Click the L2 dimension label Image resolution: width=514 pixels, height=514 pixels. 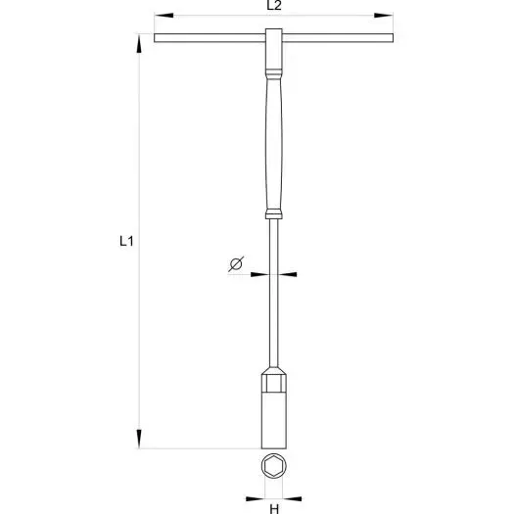click(274, 5)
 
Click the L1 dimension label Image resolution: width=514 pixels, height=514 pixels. click(126, 241)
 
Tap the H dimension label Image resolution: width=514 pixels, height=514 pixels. click(274, 509)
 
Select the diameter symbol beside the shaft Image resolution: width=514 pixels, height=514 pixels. click(236, 264)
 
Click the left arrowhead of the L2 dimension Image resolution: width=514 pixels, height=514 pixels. click(164, 15)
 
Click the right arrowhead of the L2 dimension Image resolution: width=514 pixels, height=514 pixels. click(384, 15)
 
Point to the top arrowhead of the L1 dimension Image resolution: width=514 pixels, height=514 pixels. click(139, 43)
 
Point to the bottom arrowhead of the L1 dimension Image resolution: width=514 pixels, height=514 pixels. click(139, 439)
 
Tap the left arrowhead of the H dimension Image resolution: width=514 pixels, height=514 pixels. click(255, 499)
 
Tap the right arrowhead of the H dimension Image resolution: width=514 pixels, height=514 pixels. click(292, 499)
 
